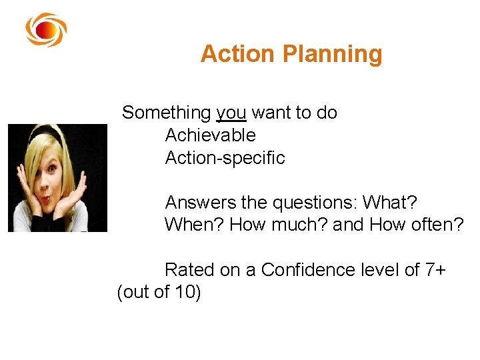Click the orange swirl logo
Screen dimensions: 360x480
click(x=45, y=30)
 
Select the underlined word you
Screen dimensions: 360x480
click(x=231, y=113)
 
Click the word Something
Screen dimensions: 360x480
click(x=166, y=113)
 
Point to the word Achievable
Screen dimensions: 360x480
click(x=210, y=135)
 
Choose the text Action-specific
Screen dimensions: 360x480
click(x=225, y=158)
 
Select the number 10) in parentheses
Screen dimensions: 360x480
click(x=188, y=293)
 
